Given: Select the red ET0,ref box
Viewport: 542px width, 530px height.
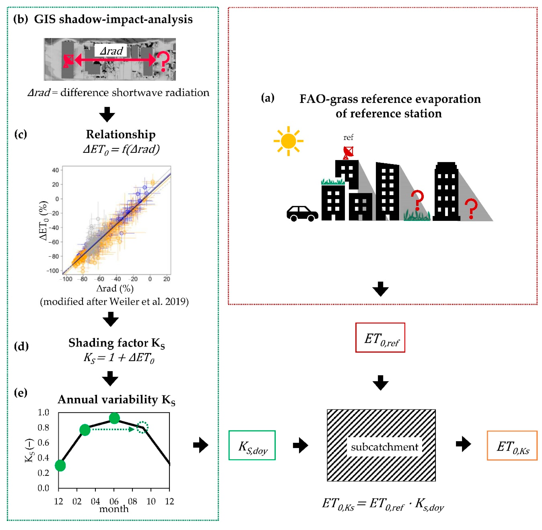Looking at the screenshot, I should (380, 338).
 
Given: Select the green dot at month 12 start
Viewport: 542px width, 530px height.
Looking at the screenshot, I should (60, 465).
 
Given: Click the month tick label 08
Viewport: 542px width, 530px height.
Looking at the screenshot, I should (132, 501).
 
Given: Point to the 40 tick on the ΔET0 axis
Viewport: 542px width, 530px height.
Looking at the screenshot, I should (55, 170).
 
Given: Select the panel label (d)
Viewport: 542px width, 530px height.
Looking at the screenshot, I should (21, 346).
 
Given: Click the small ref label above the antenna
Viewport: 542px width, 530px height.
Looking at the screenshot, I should (348, 137).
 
